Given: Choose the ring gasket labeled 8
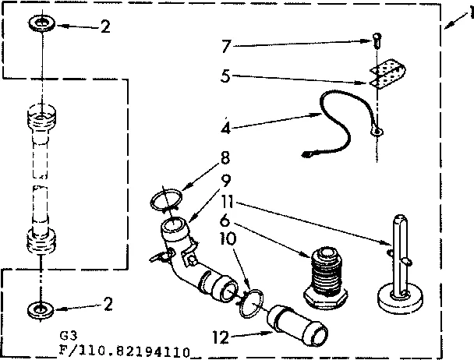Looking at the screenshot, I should pos(164,201).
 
